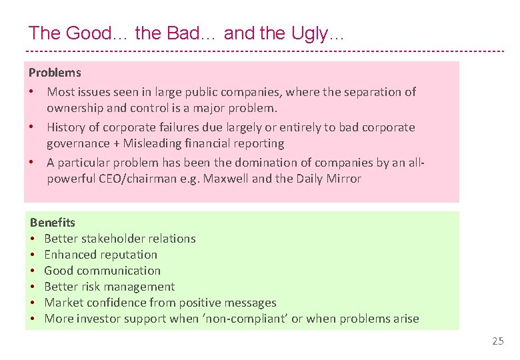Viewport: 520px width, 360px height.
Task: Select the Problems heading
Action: click(55, 73)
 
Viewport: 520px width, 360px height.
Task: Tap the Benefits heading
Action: click(53, 223)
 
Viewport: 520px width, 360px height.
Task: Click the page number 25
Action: click(498, 341)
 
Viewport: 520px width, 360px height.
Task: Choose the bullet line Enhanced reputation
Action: click(101, 255)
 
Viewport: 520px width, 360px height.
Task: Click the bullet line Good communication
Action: click(102, 271)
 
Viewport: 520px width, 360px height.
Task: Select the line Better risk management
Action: click(109, 287)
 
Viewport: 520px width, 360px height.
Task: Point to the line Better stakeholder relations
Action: click(120, 239)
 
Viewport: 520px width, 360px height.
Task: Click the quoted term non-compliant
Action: click(248, 319)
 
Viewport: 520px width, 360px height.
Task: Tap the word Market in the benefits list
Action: click(63, 303)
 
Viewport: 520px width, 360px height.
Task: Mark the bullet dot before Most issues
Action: click(32, 92)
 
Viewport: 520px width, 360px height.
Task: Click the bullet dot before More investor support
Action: click(33, 319)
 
